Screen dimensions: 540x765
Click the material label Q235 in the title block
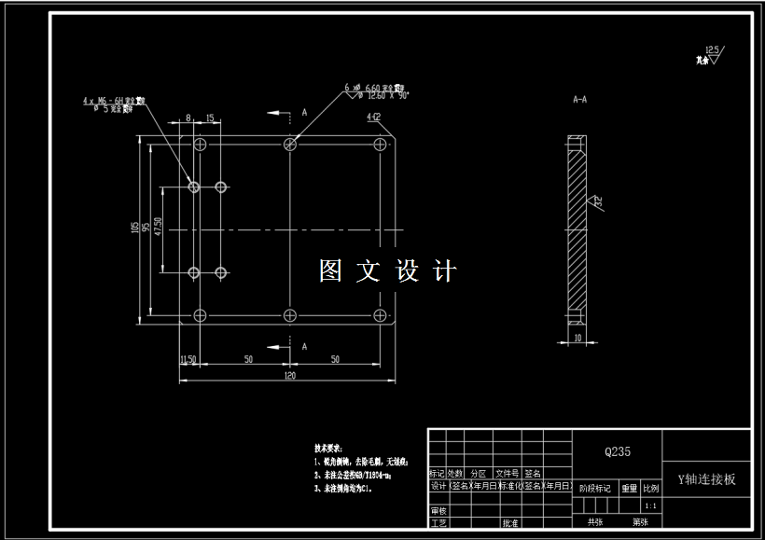(618, 451)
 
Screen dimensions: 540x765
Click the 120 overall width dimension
(289, 375)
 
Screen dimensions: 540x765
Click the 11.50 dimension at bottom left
(187, 358)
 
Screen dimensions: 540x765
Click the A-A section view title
(579, 98)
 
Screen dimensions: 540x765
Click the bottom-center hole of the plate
(290, 314)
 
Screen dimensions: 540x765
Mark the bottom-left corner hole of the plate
(200, 314)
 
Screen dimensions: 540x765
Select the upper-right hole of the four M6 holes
(221, 187)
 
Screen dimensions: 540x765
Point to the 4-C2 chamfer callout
(373, 118)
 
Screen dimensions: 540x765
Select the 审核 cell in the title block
(438, 511)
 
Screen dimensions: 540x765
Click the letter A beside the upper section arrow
(304, 111)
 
